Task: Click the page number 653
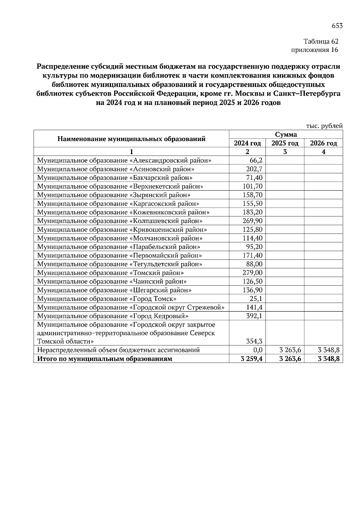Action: (337, 26)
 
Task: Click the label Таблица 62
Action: (321, 41)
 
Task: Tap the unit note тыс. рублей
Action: (324, 126)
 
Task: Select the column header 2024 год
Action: (247, 143)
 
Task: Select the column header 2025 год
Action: (285, 143)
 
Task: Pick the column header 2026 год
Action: (323, 143)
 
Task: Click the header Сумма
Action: (286, 134)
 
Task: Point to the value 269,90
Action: (252, 221)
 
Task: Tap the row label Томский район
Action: (110, 273)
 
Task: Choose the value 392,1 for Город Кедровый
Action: (254, 316)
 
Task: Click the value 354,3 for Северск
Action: (254, 341)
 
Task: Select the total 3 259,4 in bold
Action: (251, 359)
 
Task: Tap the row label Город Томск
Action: (107, 299)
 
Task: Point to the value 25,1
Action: (256, 299)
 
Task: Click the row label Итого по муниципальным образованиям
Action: (104, 359)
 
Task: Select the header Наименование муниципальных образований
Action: (131, 139)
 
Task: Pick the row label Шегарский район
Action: (114, 290)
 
